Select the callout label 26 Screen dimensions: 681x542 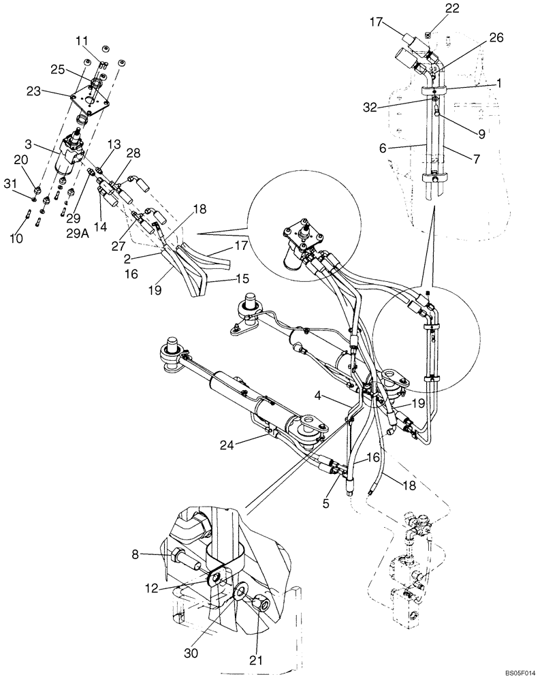[496, 38]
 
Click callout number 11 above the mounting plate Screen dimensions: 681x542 [82, 42]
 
